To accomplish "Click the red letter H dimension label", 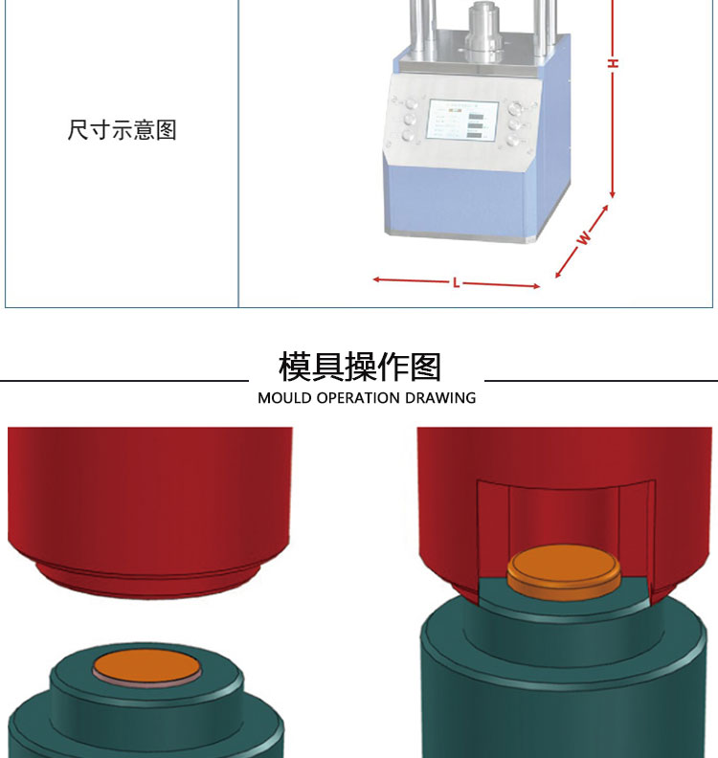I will click(613, 63).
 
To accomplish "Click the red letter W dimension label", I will click(584, 239).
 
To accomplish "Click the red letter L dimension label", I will click(457, 282).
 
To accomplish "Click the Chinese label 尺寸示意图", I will click(123, 130).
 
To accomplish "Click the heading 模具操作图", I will click(360, 367).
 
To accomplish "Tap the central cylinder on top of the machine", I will click(482, 29).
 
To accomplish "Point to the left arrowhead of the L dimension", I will click(376, 279).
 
